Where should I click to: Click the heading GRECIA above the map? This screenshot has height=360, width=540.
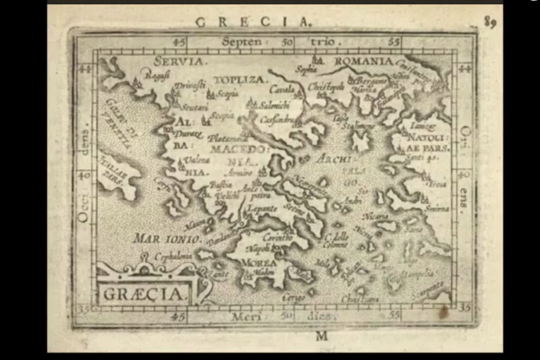click(253, 22)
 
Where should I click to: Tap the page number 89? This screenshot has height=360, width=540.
click(490, 22)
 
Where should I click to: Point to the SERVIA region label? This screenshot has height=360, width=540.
click(178, 61)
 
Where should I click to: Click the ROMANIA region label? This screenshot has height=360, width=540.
click(363, 61)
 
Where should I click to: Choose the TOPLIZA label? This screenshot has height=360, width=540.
click(240, 80)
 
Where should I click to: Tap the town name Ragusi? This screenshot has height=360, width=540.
click(157, 76)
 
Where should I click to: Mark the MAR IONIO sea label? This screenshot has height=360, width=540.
click(167, 239)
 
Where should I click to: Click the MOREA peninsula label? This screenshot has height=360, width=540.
click(258, 262)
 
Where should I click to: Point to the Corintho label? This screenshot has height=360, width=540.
click(277, 237)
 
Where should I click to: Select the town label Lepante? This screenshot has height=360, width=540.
click(262, 209)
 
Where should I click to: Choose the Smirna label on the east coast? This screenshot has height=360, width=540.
click(438, 208)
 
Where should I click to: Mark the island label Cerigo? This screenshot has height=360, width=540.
click(293, 298)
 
